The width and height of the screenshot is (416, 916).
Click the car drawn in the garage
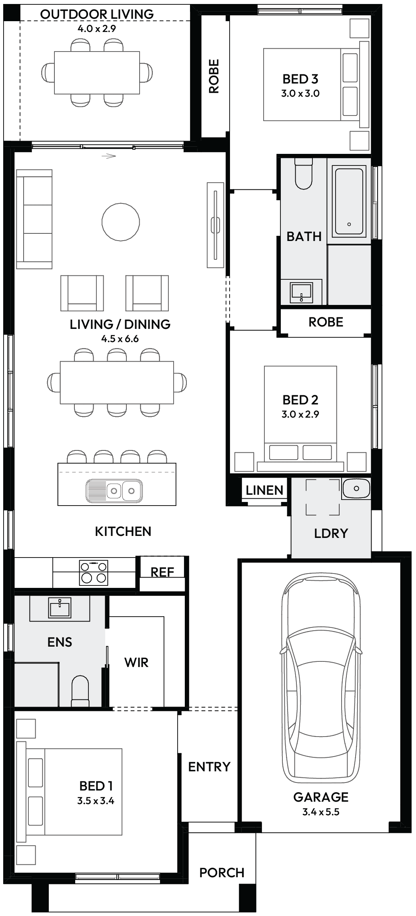(321, 679)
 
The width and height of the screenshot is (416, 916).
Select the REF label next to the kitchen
(162, 572)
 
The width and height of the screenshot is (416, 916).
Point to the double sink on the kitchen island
(114, 490)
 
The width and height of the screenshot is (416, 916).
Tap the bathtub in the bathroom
(350, 201)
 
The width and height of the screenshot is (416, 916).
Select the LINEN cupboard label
(264, 490)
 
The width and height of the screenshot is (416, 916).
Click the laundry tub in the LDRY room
(356, 488)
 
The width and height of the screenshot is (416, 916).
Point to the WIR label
(136, 663)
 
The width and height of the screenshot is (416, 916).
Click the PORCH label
(222, 873)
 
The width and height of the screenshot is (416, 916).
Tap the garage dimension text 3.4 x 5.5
(321, 812)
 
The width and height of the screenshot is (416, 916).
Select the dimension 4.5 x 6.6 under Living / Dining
(120, 339)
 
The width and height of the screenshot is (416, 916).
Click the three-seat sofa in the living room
(34, 219)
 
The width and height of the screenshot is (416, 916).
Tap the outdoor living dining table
(97, 73)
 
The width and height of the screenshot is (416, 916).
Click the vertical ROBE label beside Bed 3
(214, 76)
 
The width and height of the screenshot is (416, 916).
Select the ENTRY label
(209, 767)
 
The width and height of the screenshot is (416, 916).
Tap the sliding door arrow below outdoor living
(108, 156)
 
